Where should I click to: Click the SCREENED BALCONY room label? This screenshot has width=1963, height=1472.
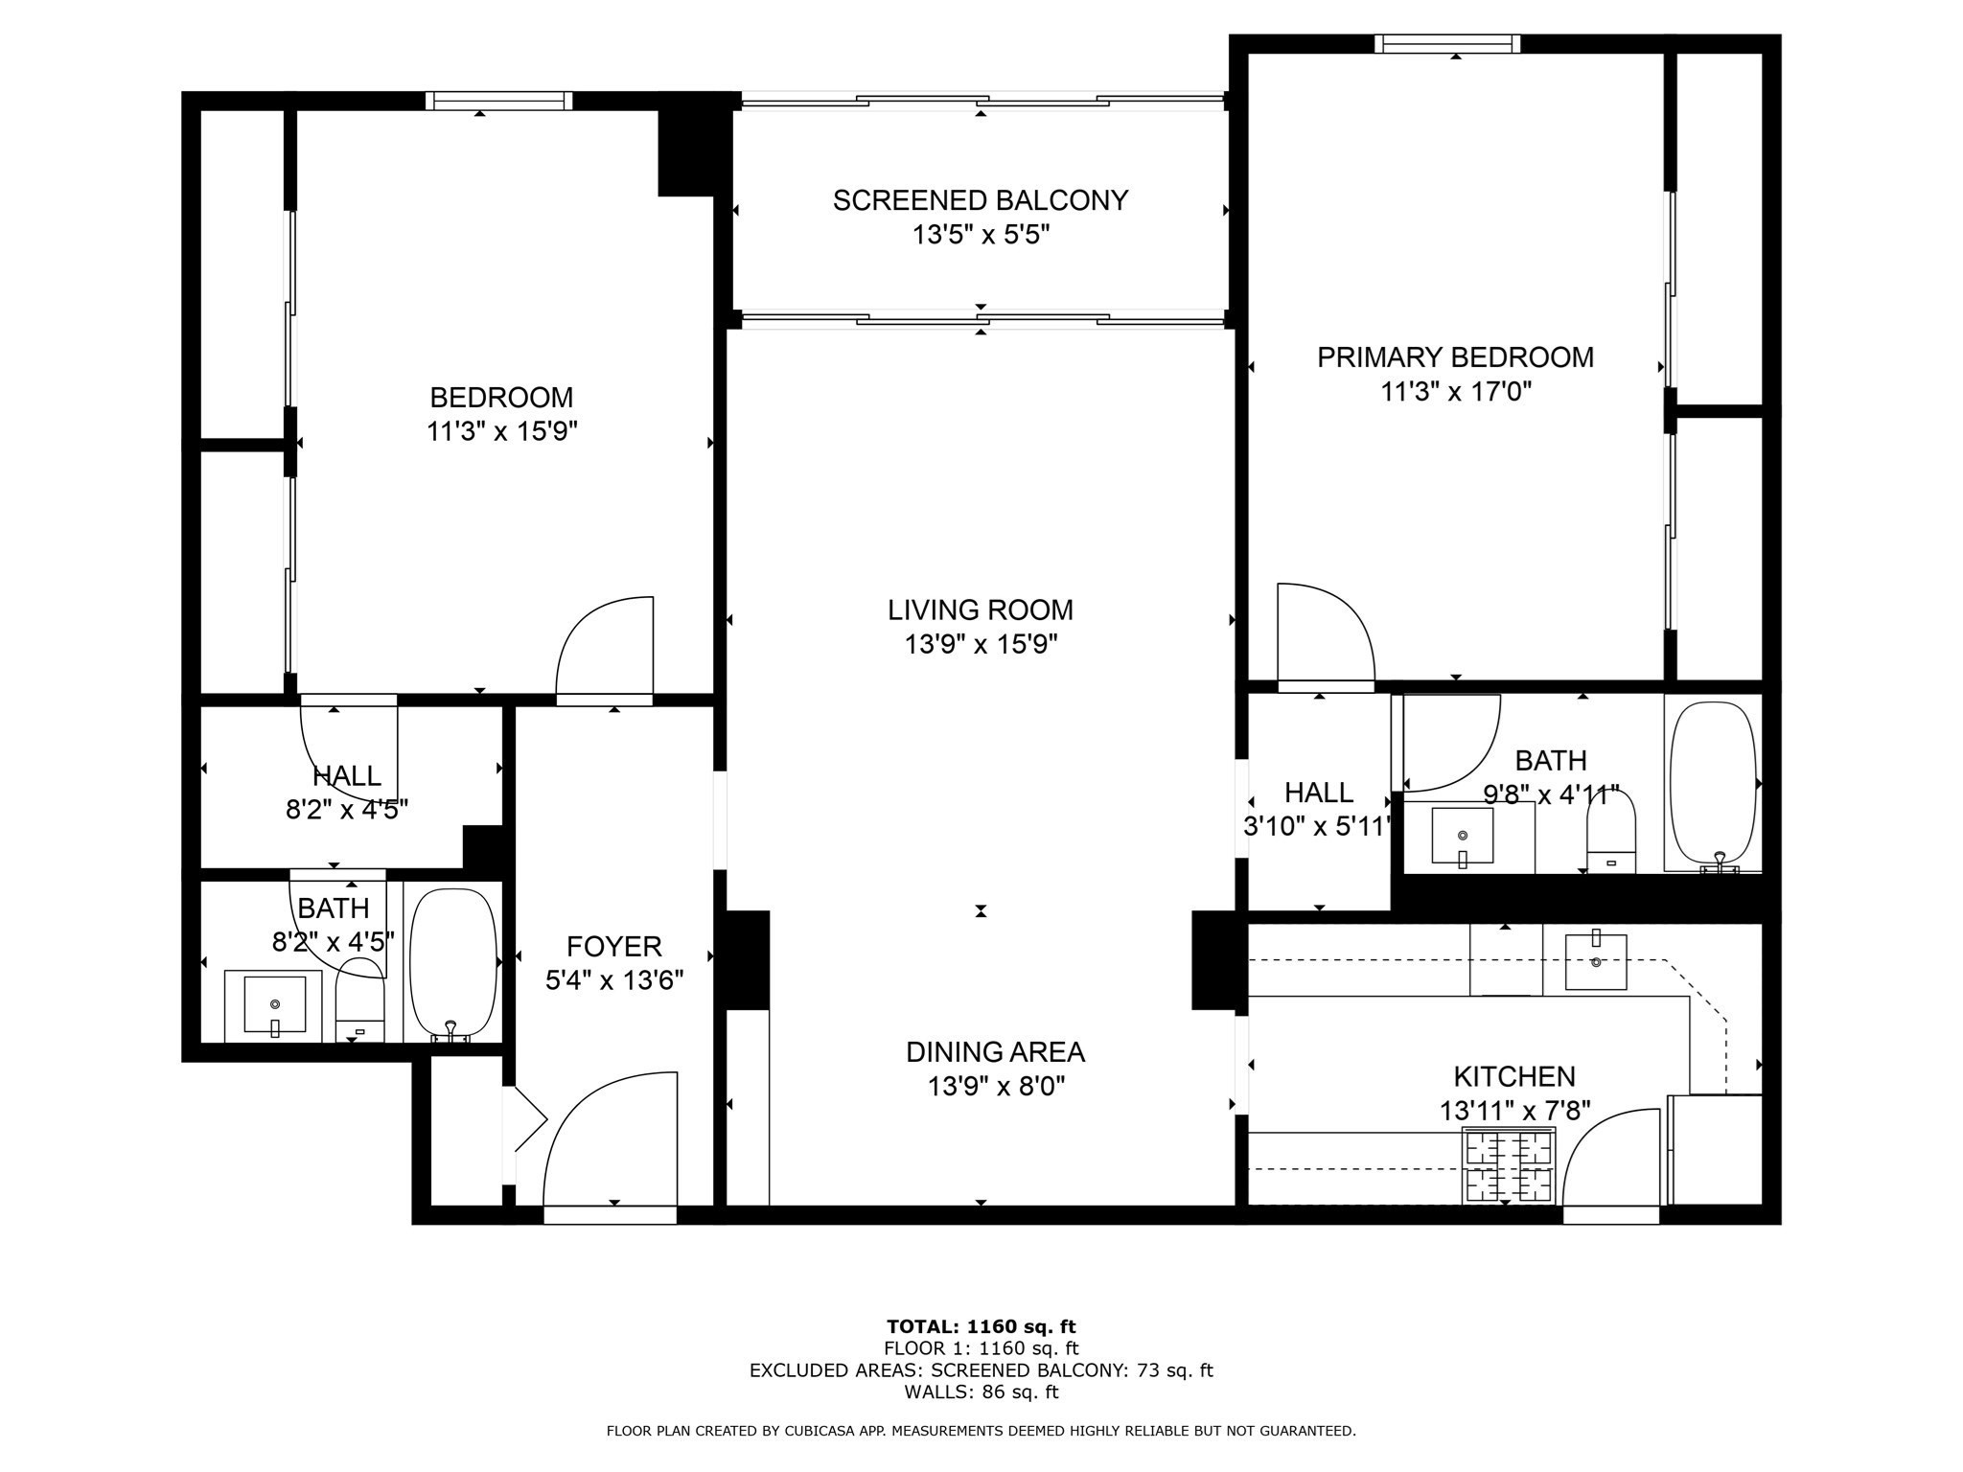pos(981,200)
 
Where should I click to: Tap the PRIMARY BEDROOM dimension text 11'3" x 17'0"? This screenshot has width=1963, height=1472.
pos(1455,392)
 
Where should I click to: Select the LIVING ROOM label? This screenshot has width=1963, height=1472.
pos(981,609)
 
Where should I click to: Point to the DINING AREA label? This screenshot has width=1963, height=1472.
pos(995,1052)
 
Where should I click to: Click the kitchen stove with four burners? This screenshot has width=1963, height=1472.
pos(1508,1165)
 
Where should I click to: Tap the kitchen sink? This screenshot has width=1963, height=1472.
pos(1596,962)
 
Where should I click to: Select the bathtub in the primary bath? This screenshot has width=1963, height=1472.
pos(1714,784)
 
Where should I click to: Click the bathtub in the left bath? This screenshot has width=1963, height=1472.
pos(452,962)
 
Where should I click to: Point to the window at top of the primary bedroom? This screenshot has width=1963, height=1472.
pos(1447,43)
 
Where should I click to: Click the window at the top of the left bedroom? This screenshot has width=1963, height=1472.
pos(498,101)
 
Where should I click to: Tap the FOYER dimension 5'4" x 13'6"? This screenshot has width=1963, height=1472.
pos(614,981)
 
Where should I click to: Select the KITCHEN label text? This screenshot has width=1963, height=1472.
pos(1514,1076)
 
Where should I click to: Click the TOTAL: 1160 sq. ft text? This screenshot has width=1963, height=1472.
pos(981,1326)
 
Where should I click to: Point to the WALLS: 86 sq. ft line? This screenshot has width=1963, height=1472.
pos(981,1391)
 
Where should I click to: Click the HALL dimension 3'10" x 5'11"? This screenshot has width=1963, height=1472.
pos(1317,826)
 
